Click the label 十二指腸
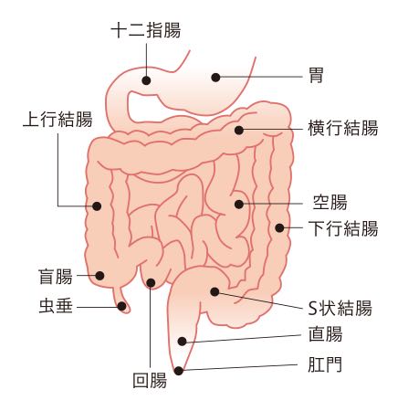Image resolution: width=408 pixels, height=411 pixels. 146,30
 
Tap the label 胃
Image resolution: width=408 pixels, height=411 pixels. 316,75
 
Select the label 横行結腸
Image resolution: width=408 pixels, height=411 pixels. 343,128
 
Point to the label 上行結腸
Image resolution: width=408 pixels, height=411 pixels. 58,119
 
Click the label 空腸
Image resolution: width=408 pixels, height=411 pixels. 330,203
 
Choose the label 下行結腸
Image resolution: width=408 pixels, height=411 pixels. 343,228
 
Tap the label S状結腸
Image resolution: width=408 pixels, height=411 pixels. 340,308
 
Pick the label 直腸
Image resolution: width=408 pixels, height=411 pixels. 326,334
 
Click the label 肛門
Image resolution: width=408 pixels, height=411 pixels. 325,364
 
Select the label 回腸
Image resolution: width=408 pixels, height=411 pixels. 150,381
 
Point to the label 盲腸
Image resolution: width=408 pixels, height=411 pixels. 56,277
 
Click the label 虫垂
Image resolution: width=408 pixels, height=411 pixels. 56,306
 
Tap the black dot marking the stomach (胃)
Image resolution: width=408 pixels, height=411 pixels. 215,78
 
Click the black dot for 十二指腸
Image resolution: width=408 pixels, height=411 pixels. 146,80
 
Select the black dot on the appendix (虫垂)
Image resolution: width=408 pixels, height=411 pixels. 121,306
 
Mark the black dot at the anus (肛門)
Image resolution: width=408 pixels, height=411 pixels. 179,371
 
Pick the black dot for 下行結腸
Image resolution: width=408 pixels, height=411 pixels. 279,227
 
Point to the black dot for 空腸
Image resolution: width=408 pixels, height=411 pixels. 239,204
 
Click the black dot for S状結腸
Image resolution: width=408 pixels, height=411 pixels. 214,291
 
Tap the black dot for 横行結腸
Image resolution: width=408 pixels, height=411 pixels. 239,131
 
